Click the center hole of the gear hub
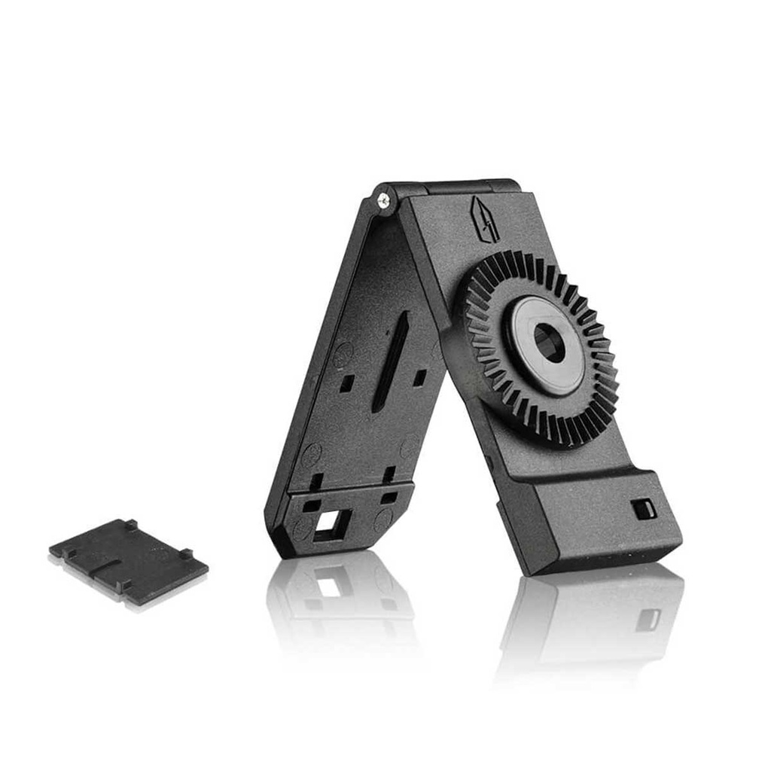(x=549, y=343)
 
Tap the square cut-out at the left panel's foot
(x=332, y=524)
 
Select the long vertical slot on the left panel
(x=391, y=361)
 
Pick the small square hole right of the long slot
(x=419, y=376)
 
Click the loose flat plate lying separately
(x=128, y=560)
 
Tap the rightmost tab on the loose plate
(x=185, y=554)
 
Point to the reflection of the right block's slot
(x=648, y=619)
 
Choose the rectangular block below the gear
(x=602, y=520)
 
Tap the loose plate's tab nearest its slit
(x=125, y=584)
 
